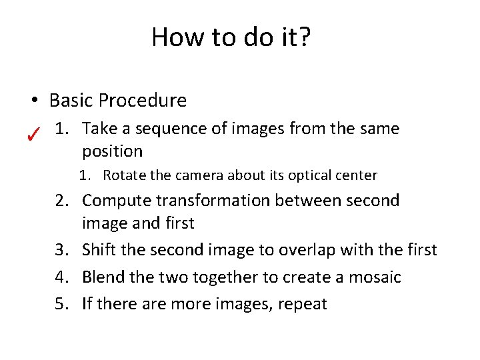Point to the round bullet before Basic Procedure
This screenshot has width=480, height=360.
click(x=34, y=101)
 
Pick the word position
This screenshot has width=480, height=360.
click(x=112, y=151)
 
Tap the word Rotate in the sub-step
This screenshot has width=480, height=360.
click(x=123, y=175)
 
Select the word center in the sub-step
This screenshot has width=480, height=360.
click(x=359, y=175)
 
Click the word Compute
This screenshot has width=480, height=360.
click(x=117, y=201)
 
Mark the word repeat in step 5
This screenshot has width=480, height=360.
click(x=303, y=305)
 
